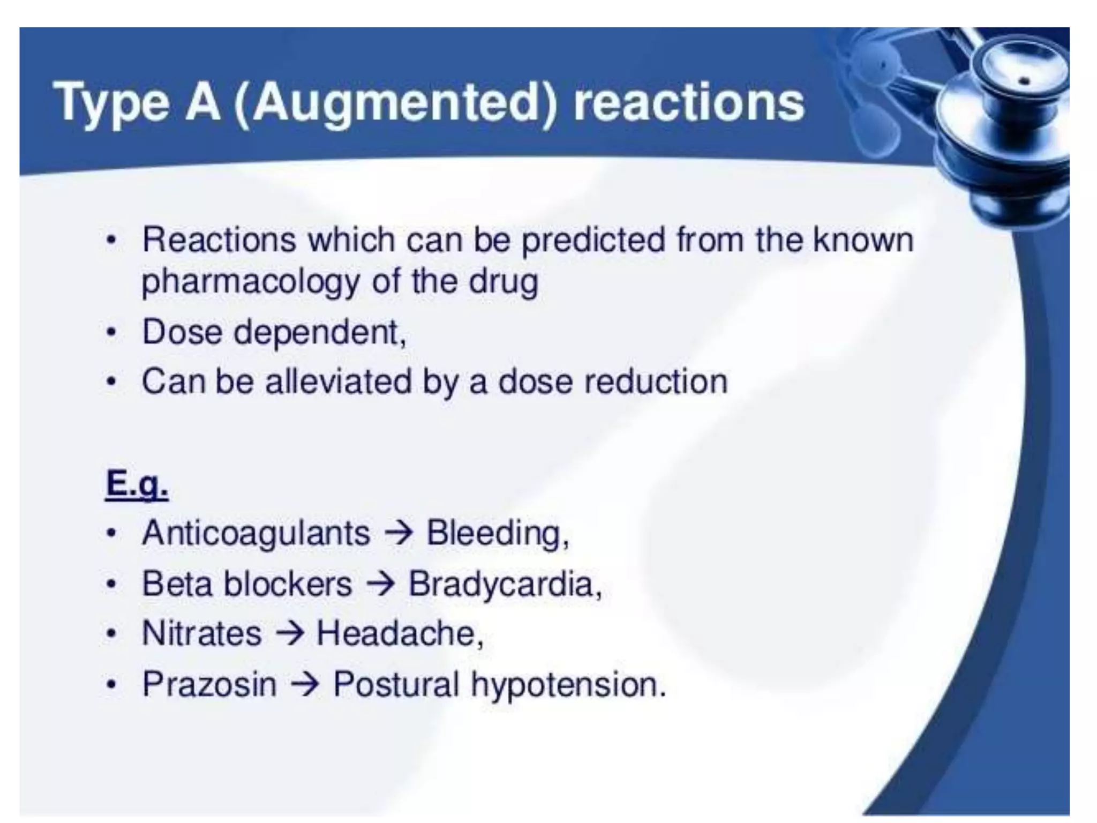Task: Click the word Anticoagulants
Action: [256, 534]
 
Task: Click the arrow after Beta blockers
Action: [380, 583]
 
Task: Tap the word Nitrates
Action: [202, 633]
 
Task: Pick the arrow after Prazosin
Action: [305, 684]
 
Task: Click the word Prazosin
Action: [209, 684]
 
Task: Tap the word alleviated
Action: [339, 382]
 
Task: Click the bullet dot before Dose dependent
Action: [111, 333]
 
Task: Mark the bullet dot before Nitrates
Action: [111, 634]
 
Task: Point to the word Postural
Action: [396, 684]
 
